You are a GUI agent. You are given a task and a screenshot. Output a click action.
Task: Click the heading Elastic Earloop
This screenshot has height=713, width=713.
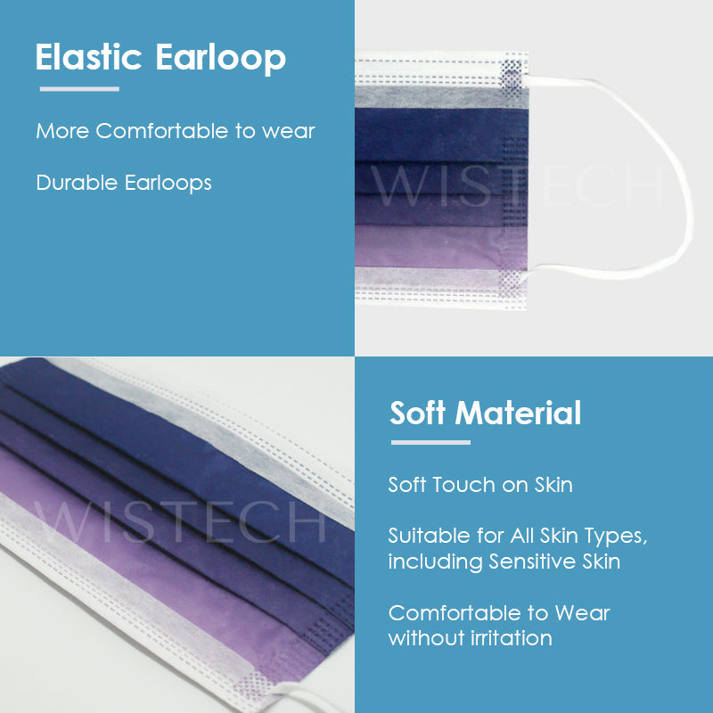[160, 58]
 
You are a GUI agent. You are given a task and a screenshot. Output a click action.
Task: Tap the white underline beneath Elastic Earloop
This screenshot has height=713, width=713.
[79, 89]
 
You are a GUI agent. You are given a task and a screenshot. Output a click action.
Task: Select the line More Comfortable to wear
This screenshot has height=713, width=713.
[176, 131]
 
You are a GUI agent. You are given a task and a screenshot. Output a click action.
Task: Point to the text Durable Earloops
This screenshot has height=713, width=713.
[124, 183]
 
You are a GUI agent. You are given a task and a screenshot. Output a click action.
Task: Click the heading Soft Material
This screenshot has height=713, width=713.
[486, 414]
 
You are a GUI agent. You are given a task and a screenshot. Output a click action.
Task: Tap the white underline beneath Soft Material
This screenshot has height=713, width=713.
[430, 442]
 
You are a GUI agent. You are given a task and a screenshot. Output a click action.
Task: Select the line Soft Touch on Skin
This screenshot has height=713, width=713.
[480, 485]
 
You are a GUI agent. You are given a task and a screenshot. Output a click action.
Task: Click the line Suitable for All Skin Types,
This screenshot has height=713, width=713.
[517, 537]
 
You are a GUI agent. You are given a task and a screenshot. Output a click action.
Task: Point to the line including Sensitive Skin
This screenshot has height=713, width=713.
[504, 561]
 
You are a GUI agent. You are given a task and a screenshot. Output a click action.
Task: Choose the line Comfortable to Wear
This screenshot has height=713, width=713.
[499, 613]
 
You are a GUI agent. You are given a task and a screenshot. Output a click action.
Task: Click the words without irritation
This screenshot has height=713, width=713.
[470, 638]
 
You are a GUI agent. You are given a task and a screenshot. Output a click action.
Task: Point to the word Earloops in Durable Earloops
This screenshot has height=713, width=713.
[168, 183]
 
